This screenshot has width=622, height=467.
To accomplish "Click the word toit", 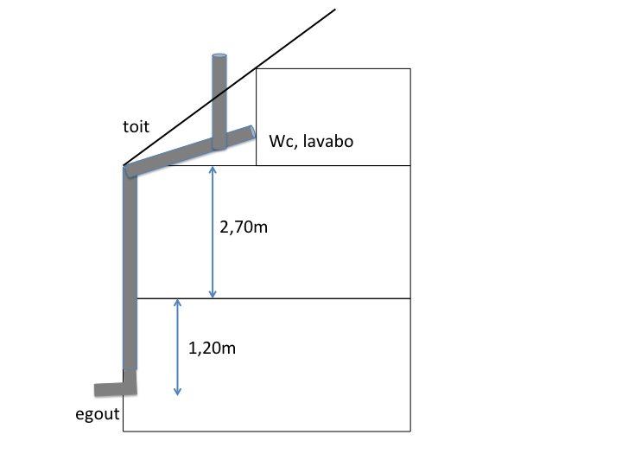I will [x=136, y=127].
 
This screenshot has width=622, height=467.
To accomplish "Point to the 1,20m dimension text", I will [x=212, y=349].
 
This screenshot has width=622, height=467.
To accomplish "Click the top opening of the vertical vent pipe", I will [x=219, y=56].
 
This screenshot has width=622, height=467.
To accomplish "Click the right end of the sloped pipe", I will [x=252, y=131].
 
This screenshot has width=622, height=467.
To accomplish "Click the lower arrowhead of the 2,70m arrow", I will [x=213, y=295].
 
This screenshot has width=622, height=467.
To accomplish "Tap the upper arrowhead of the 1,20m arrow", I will [x=177, y=302].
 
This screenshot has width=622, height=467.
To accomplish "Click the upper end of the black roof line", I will [x=334, y=10].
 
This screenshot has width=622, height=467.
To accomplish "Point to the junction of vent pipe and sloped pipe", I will [x=219, y=143].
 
